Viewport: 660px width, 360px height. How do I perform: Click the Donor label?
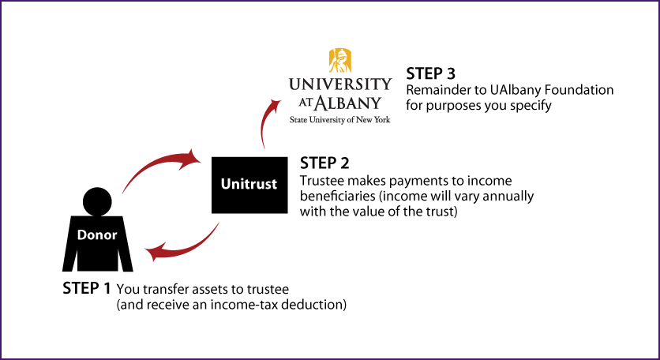[97, 234]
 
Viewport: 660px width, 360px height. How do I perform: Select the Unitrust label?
[249, 185]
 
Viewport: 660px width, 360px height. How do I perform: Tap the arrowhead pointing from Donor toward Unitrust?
[192, 158]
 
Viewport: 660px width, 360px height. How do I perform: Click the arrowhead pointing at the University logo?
[276, 103]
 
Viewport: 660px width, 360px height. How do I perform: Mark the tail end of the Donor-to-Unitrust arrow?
[122, 192]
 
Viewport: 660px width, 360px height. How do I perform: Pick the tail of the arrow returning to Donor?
[218, 223]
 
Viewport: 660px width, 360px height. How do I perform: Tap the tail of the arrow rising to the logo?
[263, 147]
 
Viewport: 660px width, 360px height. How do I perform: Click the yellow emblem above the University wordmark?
[340, 60]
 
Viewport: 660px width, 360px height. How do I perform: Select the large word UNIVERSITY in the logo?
[339, 84]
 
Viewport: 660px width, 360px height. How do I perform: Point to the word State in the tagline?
[297, 120]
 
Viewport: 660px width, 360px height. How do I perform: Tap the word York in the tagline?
[383, 120]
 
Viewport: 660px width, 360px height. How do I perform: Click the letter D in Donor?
[81, 234]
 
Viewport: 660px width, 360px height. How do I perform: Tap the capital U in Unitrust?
[226, 185]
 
